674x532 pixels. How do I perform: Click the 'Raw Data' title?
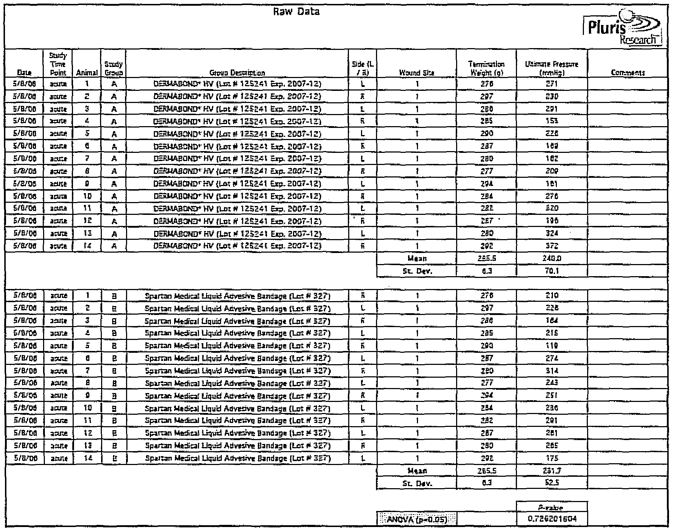(x=296, y=12)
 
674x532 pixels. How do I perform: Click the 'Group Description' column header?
(x=237, y=73)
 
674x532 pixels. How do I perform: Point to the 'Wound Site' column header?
(x=416, y=73)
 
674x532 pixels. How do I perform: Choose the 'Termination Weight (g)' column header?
(x=486, y=68)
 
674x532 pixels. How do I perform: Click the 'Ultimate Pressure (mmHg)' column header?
(x=552, y=68)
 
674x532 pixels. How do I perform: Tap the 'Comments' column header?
(x=628, y=73)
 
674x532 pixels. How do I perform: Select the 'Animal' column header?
(x=87, y=73)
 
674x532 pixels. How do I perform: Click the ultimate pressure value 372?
(x=552, y=246)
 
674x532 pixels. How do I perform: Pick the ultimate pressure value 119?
(x=552, y=346)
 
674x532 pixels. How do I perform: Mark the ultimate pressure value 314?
(x=552, y=371)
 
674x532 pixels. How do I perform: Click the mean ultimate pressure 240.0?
(x=552, y=258)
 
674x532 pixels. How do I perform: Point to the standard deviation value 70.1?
(x=552, y=271)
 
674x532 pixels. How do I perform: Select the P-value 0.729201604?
(x=552, y=519)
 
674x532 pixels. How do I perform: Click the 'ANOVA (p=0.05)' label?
(x=416, y=519)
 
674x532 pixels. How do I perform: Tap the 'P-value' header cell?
(x=552, y=507)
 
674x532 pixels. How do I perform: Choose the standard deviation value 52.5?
(x=552, y=483)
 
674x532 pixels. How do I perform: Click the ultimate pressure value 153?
(x=552, y=122)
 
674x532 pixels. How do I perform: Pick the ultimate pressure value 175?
(x=552, y=458)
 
